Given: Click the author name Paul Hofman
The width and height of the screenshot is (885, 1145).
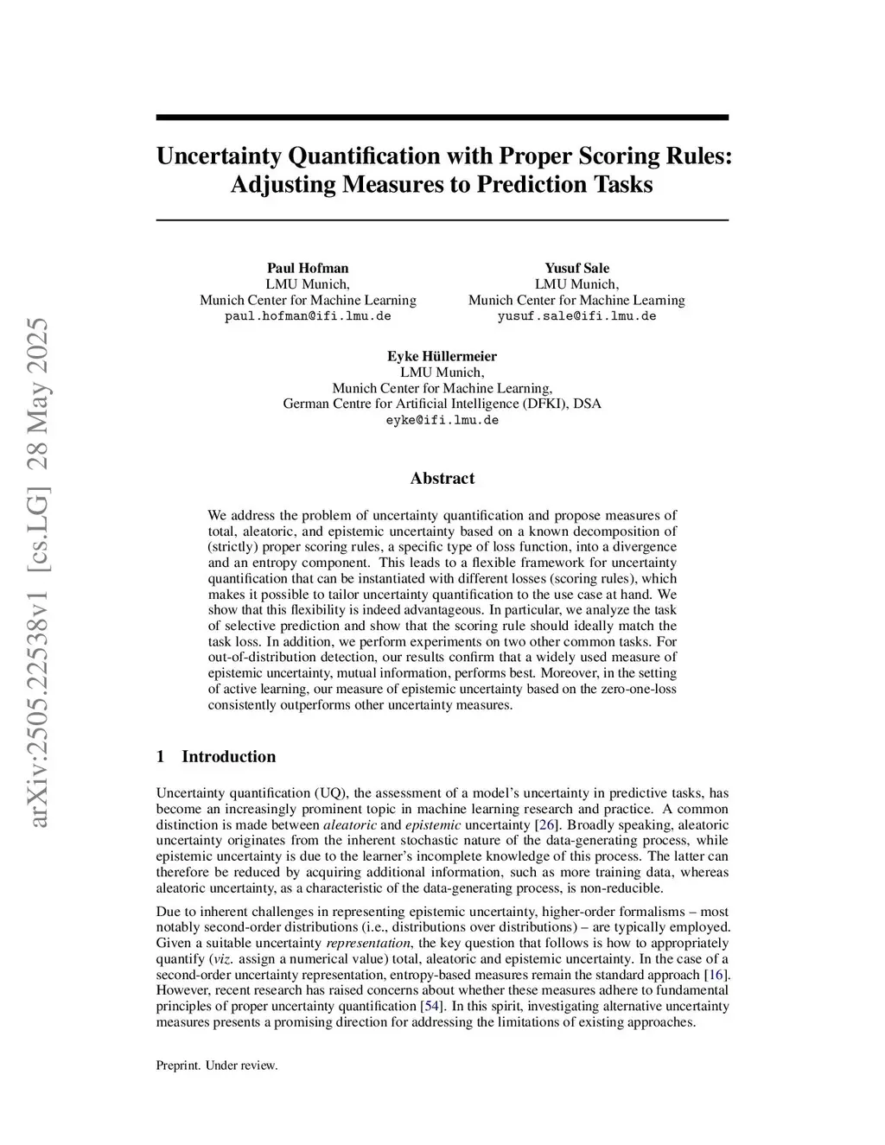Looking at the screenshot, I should click(308, 268).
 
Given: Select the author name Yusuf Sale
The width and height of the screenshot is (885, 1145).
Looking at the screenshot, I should click(576, 268).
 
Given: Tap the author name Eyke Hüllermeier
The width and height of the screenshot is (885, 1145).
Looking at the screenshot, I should click(442, 356).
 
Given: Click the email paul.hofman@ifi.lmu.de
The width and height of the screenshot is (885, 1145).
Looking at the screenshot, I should click(308, 316).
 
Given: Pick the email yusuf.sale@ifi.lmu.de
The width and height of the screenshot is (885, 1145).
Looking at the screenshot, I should click(576, 316).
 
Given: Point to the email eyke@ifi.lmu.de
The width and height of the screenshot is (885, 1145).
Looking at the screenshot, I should click(442, 420).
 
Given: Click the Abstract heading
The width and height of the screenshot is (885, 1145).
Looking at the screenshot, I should click(442, 479).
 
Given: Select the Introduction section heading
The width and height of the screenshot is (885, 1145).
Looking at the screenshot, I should click(228, 757).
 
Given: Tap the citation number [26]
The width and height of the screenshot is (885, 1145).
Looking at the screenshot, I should click(546, 824).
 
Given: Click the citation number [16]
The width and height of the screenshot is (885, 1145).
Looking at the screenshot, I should click(716, 975).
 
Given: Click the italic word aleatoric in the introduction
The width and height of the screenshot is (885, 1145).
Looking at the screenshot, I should click(349, 824).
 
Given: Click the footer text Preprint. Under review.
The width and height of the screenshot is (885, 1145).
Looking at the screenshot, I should click(217, 1065).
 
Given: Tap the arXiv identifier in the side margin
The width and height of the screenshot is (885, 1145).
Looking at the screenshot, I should click(40, 570).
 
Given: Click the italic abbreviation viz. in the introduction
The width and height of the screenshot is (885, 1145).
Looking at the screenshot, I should click(222, 959).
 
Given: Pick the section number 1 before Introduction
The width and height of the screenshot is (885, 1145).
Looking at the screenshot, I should click(160, 757).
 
